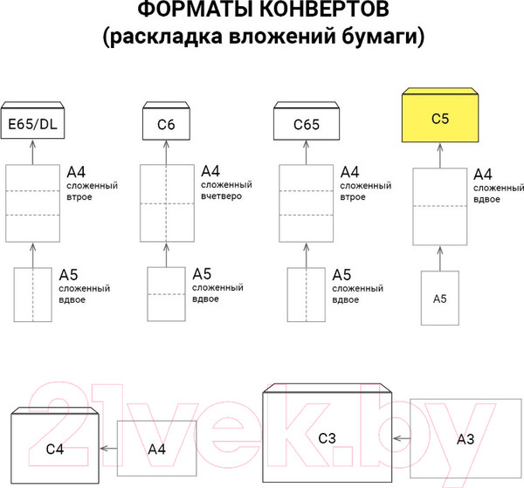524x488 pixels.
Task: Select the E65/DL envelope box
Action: click(32, 124)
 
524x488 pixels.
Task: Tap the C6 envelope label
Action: click(167, 125)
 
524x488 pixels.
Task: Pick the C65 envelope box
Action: click(305, 125)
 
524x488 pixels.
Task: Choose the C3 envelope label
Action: click(327, 436)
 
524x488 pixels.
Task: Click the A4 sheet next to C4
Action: click(157, 449)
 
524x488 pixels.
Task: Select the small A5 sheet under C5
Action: click(440, 299)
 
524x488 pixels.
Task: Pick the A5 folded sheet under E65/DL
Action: click(32, 295)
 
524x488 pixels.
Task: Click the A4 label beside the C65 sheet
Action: click(350, 172)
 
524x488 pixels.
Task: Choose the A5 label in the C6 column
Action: click(202, 273)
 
